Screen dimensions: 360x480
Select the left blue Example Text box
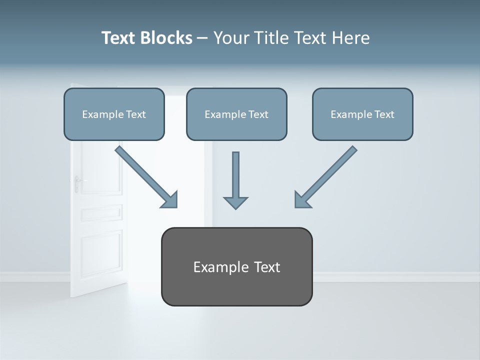pos(114,114)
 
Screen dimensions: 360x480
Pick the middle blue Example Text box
pos(236,114)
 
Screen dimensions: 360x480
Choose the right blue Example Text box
pos(362,114)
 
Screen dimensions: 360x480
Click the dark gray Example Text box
pos(236,266)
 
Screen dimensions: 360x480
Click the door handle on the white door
pos(78,183)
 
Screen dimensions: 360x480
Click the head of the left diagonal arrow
pos(170,199)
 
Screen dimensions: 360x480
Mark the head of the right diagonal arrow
pos(302,199)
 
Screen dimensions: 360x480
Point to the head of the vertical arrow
pos(235,202)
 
